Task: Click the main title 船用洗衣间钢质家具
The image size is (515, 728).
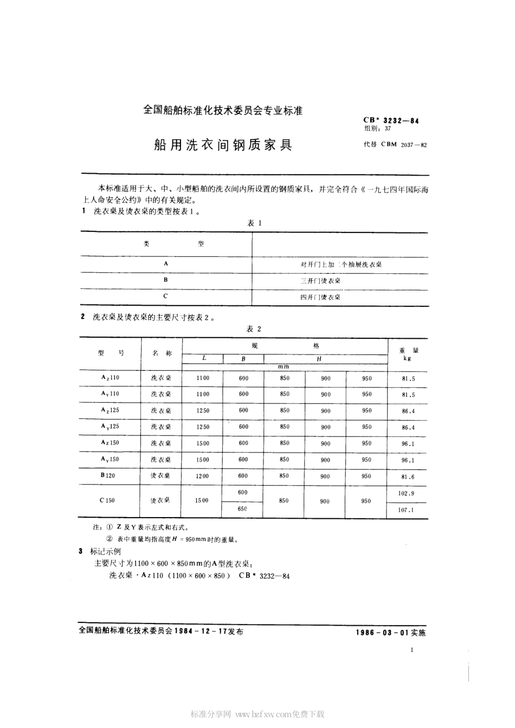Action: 223,145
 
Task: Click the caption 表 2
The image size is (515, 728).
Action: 254,329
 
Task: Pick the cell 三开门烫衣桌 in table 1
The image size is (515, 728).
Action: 321,281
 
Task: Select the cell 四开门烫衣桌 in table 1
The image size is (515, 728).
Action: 321,297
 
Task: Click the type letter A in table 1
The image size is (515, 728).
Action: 165,263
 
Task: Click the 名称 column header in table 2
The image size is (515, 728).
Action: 162,353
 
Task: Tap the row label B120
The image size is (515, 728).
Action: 108,475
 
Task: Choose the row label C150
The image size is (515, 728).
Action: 107,500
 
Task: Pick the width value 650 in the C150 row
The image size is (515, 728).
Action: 242,509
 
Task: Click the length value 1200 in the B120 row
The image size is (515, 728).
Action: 202,476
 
